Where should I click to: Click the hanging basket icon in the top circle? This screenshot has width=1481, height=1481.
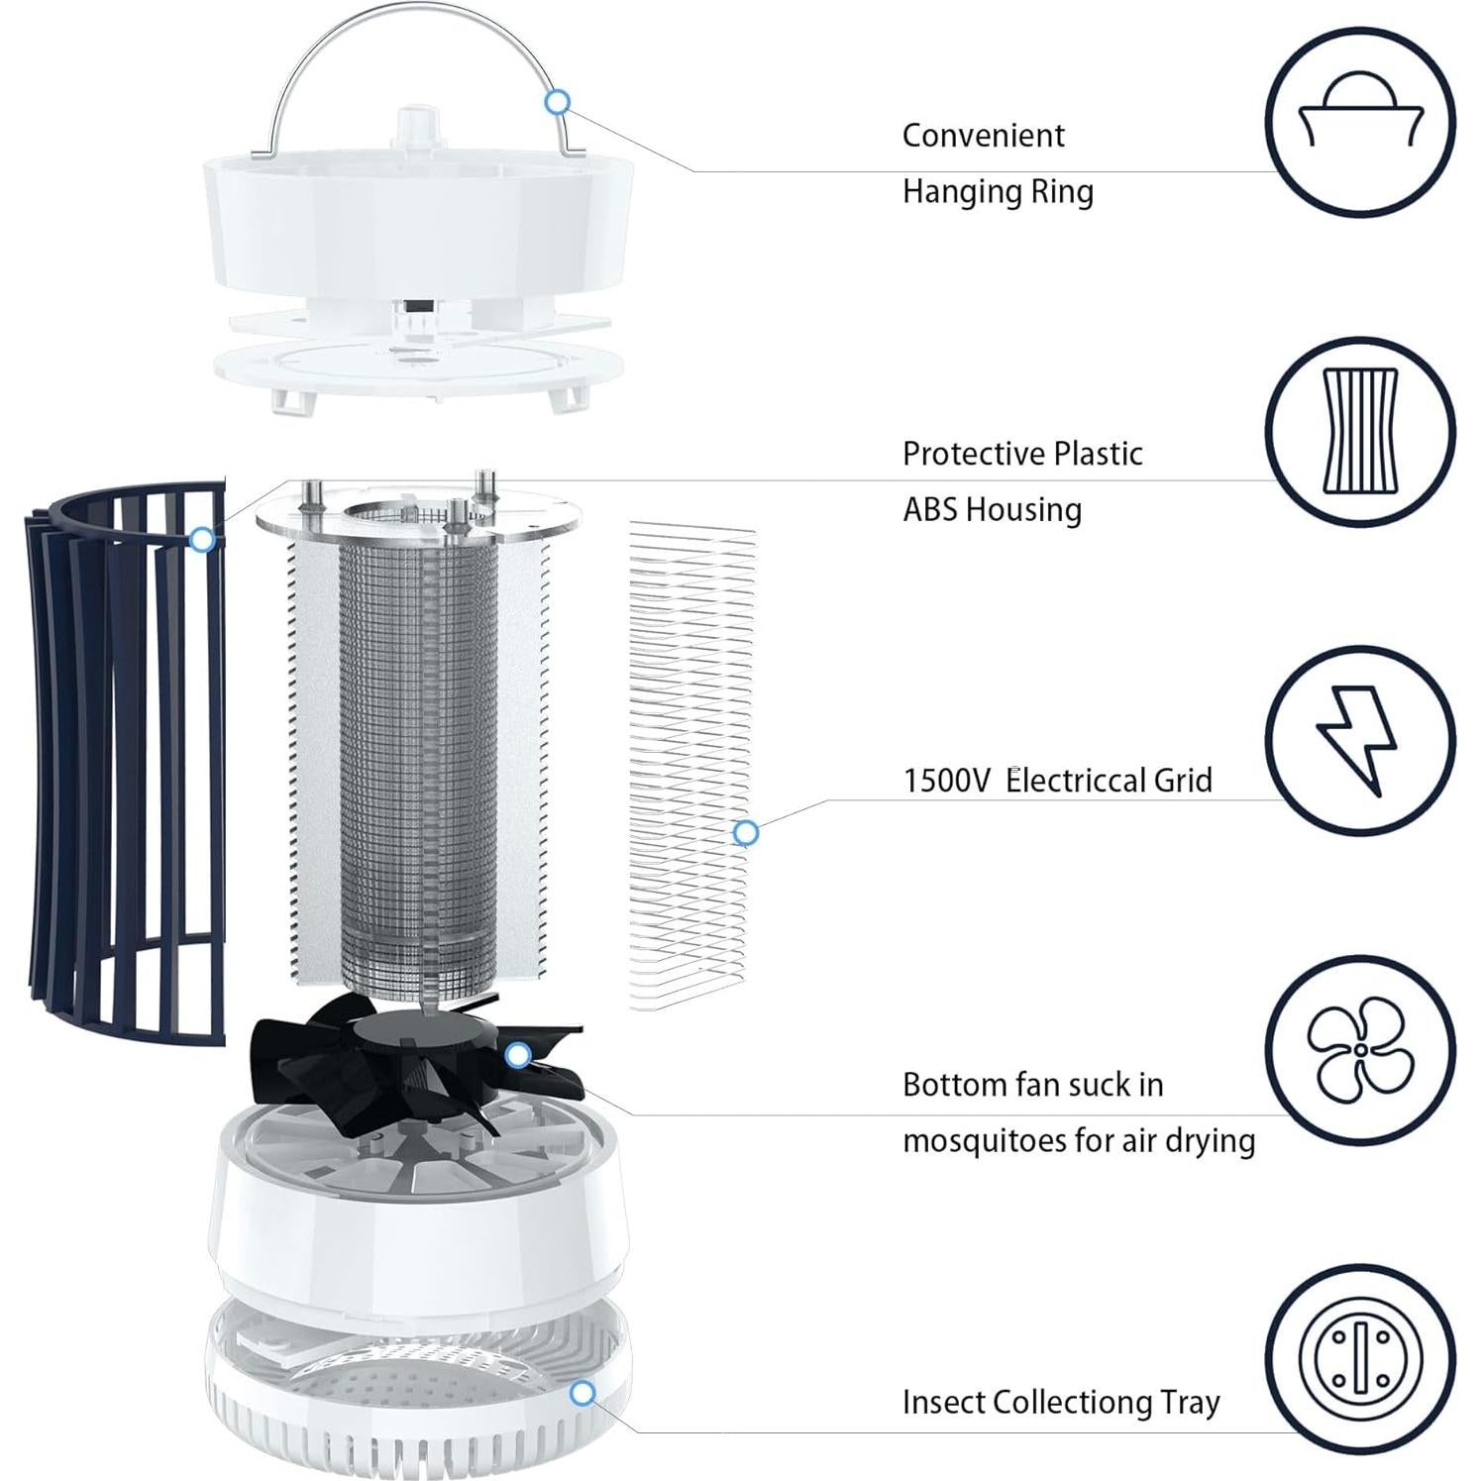[x=1360, y=121]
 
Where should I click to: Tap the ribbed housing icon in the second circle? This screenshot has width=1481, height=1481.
[x=1360, y=431]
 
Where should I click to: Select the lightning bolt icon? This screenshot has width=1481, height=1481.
[x=1358, y=739]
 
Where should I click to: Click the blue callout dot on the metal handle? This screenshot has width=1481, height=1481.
[x=558, y=101]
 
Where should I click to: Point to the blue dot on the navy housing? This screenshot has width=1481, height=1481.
[x=202, y=540]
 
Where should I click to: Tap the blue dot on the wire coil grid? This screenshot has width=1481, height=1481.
[x=746, y=833]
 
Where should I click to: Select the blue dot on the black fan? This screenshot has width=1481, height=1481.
[x=517, y=1056]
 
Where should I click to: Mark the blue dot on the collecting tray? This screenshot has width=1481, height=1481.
[x=583, y=1394]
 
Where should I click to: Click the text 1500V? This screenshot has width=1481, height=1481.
[x=946, y=781]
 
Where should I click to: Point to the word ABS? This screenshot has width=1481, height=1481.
[x=930, y=509]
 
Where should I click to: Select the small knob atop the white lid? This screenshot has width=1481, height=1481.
[x=416, y=127]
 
